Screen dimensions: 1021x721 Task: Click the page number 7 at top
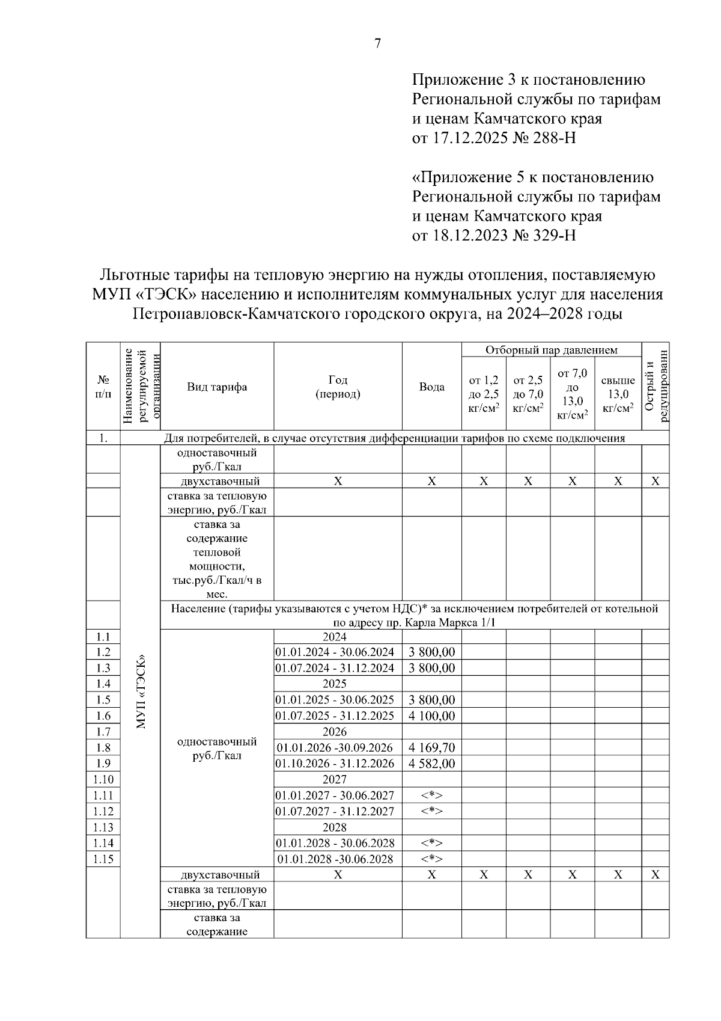tap(377, 43)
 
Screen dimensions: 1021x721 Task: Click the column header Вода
tap(431, 387)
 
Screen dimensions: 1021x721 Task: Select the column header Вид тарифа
tap(217, 387)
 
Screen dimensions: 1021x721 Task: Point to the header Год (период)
tap(338, 387)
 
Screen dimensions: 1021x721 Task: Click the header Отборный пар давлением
tap(551, 350)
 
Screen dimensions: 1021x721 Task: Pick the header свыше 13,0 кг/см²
tap(618, 394)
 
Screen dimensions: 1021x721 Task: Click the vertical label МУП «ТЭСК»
tap(141, 691)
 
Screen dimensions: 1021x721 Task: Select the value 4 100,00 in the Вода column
tap(431, 716)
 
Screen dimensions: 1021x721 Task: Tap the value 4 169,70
tap(431, 747)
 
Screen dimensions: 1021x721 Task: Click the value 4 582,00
tap(431, 764)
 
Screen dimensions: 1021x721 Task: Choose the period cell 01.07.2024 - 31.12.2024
tap(335, 668)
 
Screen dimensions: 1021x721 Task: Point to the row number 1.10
tap(103, 779)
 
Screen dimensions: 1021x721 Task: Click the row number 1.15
tap(103, 859)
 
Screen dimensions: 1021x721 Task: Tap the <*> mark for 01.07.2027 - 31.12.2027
tap(431, 811)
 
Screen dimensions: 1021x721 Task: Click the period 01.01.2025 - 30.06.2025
tap(335, 700)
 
